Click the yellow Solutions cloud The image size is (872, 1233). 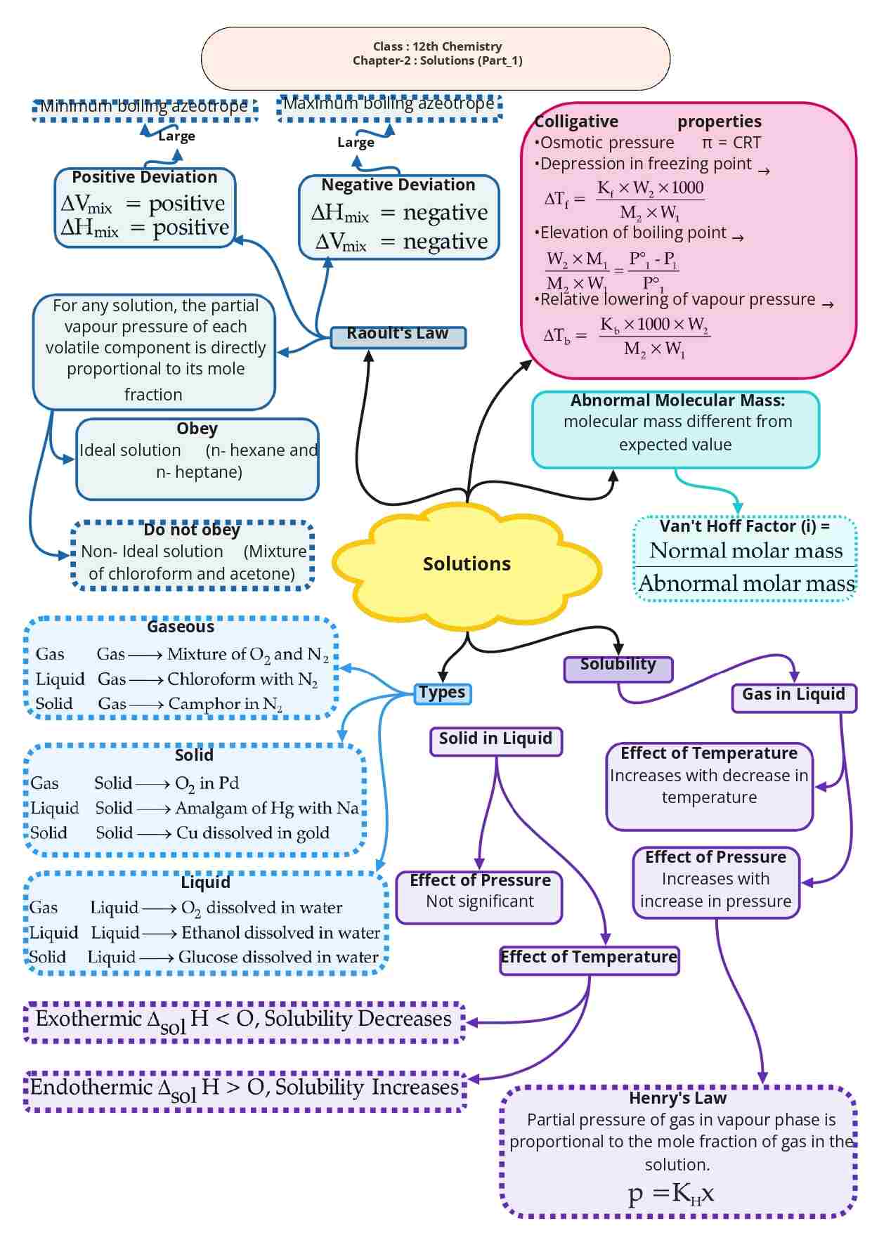467,564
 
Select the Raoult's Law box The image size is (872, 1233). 398,335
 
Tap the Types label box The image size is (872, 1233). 442,693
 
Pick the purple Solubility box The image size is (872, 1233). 618,667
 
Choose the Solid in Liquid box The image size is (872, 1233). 496,740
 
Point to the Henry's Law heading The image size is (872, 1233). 678,1098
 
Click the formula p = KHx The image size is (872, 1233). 671,1193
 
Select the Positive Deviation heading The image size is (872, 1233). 145,177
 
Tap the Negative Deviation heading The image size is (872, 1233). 398,185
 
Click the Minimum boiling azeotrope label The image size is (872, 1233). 144,107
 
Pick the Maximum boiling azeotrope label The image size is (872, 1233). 389,104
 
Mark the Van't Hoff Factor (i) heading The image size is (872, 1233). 745,526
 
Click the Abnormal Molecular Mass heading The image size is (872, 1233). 677,400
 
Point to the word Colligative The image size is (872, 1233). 577,122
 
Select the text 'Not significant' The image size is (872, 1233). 480,901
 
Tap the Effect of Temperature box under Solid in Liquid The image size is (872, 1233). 589,958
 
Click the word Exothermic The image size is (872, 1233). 89,1019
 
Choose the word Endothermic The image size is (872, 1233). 91,1088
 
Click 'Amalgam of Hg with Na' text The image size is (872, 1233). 267,808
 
